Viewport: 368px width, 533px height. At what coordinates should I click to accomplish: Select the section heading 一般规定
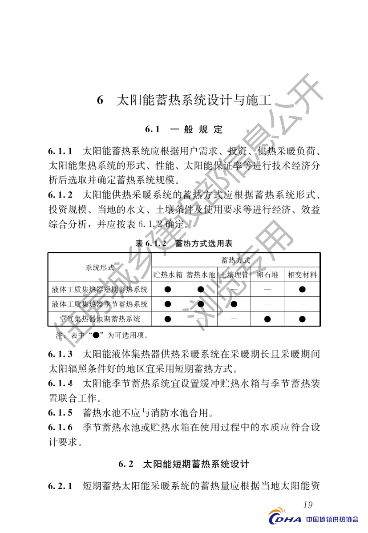point(184,130)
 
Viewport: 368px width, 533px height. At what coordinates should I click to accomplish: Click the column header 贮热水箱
point(168,275)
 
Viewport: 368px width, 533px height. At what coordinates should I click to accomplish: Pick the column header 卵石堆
point(267,275)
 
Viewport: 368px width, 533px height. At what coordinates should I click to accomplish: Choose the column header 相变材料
point(303,275)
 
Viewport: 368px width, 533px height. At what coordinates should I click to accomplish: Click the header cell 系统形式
point(100,267)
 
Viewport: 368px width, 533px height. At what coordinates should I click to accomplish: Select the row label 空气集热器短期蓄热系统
point(100,319)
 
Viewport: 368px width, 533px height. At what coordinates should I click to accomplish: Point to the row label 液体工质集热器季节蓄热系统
point(100,304)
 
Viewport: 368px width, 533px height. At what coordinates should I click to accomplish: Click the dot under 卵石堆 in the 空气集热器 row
point(267,319)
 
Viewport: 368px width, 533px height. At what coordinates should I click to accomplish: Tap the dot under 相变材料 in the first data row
point(303,290)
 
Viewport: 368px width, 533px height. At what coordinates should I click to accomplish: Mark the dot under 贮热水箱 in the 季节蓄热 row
point(168,304)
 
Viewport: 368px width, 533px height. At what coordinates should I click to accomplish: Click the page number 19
point(307,505)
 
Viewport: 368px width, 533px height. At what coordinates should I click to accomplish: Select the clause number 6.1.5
point(61,412)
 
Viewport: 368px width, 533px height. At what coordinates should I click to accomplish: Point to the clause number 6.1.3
point(61,355)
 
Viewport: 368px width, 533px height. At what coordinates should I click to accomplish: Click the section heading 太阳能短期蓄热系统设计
point(184,464)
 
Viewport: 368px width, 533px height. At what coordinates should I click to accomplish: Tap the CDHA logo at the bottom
point(284,519)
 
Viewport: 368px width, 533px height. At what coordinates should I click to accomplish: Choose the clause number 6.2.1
point(61,486)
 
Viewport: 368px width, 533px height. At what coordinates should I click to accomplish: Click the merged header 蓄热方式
point(235,260)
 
